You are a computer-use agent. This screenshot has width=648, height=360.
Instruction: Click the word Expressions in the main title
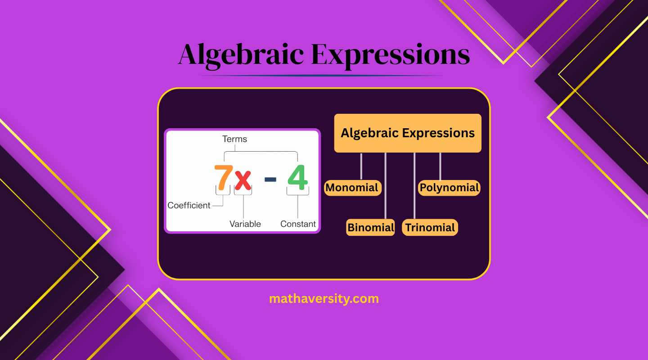pos(390,55)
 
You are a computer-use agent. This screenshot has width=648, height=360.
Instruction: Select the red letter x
pos(243,180)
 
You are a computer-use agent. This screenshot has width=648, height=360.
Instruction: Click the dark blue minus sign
pos(270,180)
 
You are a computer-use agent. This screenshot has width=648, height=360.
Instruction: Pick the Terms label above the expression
pos(234,139)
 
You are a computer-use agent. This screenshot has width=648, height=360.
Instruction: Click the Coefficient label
pos(189,205)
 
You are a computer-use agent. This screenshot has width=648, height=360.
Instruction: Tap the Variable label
pos(245,224)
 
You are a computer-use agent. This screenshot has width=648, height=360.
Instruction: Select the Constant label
pos(298,224)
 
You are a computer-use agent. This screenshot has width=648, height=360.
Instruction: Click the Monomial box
pos(352,188)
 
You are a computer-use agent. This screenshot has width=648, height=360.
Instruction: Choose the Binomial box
pos(371,227)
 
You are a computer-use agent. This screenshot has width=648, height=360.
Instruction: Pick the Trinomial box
pos(430,227)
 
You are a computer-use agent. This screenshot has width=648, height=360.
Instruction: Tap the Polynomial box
pos(449,188)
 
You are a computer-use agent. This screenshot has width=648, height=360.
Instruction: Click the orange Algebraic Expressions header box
pos(408,133)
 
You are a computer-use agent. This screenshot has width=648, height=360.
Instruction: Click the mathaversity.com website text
pos(324,298)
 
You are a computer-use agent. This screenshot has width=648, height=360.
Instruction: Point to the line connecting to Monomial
pos(361,166)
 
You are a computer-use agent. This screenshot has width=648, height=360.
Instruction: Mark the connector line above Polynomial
pos(440,166)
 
